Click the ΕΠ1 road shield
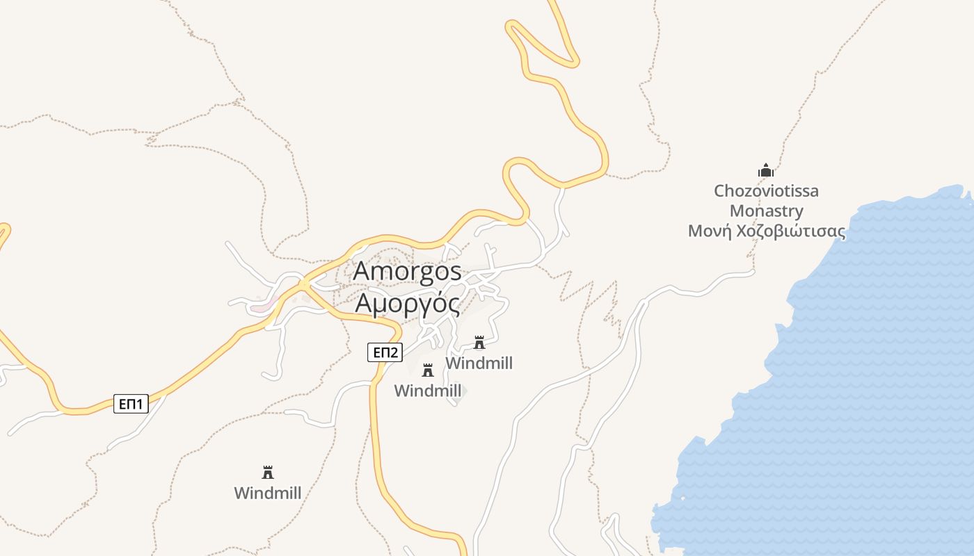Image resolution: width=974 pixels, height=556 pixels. (131, 404)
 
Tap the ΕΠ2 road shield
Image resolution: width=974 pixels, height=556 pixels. (385, 352)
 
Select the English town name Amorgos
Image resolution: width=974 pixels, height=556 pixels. (407, 271)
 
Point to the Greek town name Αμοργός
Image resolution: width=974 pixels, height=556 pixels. (407, 303)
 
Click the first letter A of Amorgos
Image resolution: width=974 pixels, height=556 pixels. (362, 271)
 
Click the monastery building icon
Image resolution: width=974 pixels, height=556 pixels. (766, 170)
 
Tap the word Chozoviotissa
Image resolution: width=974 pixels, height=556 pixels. (766, 190)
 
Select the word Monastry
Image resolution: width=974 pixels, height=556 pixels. (766, 211)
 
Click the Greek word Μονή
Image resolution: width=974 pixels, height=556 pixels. (710, 231)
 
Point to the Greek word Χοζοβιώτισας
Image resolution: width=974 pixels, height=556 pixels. (791, 231)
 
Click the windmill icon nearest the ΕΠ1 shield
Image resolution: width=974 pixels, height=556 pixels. (268, 473)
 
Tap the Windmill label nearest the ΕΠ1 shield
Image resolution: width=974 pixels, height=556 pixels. (268, 493)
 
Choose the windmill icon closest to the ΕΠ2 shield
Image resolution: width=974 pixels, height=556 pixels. (428, 370)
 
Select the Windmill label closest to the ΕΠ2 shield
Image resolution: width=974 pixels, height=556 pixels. (428, 391)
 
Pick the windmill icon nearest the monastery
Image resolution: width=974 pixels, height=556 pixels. (479, 343)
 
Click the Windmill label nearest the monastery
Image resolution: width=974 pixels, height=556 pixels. (479, 363)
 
